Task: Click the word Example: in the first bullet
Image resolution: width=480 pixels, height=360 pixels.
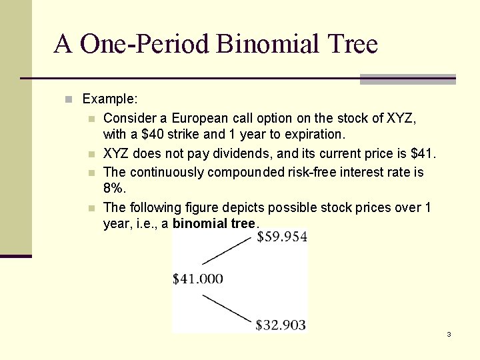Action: (110, 99)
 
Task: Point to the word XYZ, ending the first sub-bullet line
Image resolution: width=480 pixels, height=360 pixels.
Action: (402, 118)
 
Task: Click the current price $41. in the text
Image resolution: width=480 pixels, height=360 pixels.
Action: (423, 155)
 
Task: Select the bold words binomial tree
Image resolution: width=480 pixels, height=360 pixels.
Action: (214, 223)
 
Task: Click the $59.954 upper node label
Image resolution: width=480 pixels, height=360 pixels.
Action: (281, 237)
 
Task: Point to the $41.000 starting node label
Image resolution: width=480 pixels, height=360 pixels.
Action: (198, 279)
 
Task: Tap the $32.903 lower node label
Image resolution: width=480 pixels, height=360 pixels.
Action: (281, 325)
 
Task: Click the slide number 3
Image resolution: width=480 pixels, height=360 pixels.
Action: (449, 334)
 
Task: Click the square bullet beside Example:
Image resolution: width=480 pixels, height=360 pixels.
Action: (68, 100)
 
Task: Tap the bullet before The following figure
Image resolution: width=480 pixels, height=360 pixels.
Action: (91, 208)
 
